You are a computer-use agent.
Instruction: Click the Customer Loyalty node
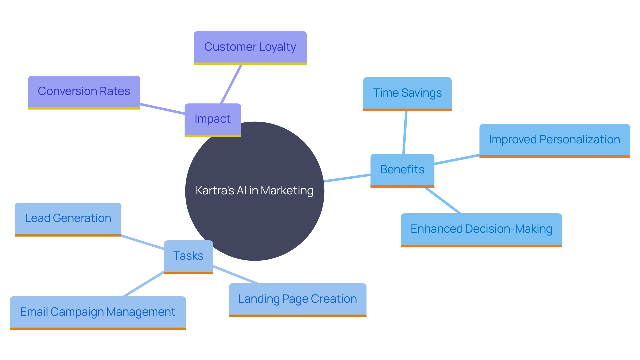point(250,47)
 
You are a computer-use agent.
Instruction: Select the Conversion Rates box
point(84,92)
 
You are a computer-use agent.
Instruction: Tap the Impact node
point(213,119)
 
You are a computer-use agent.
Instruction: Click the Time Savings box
point(407,93)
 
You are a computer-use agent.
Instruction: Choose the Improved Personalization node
point(554,140)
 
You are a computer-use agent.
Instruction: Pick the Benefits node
point(402,170)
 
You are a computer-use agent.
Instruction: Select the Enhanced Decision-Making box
point(481,229)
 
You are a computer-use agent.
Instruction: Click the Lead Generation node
point(68,219)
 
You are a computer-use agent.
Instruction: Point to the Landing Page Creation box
point(297,299)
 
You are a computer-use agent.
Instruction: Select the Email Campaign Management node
point(98,312)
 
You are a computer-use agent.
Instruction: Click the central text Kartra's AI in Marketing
point(254,191)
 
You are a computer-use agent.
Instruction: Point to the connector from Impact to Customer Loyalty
point(231,84)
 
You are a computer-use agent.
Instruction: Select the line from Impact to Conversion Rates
point(162,109)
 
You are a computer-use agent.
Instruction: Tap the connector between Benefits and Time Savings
point(405,132)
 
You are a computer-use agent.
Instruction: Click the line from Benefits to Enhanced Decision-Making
point(443,200)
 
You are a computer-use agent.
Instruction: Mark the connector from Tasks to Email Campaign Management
point(143,284)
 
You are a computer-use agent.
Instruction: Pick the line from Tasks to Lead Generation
point(143,242)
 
